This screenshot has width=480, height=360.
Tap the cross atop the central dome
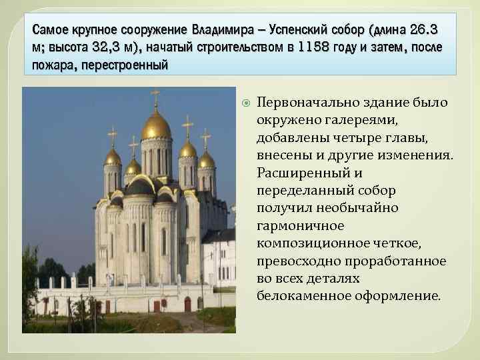tap(156, 97)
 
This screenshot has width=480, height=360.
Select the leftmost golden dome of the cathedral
tap(113, 157)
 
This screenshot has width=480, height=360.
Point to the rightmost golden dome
tap(207, 159)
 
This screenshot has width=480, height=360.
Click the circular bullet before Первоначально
tap(245, 104)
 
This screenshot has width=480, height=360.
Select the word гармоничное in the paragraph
tap(297, 225)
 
